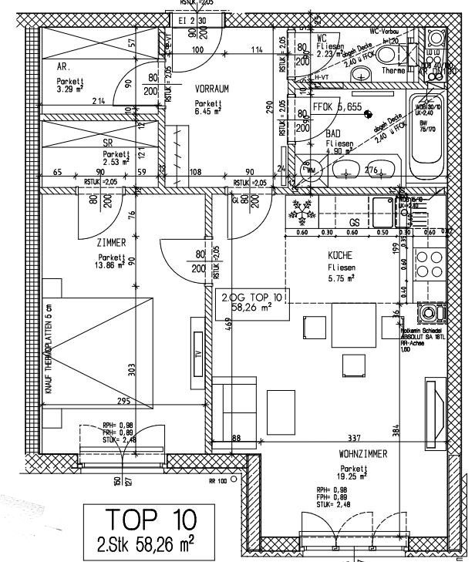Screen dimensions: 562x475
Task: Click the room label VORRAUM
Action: [213, 89]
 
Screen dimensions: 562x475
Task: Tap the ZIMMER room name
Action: [112, 242]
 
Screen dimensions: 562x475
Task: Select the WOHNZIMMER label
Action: [362, 455]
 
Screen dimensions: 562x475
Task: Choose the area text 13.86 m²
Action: [112, 264]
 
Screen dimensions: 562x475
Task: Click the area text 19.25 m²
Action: [355, 476]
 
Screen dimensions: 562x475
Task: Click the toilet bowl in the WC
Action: [396, 53]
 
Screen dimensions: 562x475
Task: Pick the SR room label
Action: [108, 143]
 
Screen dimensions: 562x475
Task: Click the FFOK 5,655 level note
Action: [337, 107]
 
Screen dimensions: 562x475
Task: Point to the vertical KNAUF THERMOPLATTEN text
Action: [49, 351]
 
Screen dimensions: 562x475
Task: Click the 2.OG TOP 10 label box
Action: [252, 301]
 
